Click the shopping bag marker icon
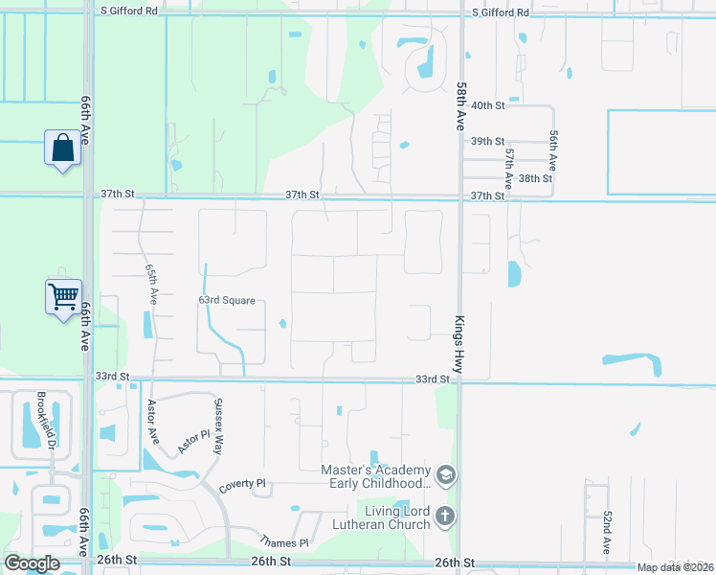click(62, 149)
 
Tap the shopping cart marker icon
click(63, 296)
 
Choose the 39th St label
click(487, 141)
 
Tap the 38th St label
click(536, 178)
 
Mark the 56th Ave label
click(552, 151)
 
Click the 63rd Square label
click(227, 301)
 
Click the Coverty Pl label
click(240, 485)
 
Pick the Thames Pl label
click(288, 542)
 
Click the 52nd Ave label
click(607, 533)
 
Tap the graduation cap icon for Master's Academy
click(444, 475)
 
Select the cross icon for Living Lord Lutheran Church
click(444, 517)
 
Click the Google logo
click(32, 563)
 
